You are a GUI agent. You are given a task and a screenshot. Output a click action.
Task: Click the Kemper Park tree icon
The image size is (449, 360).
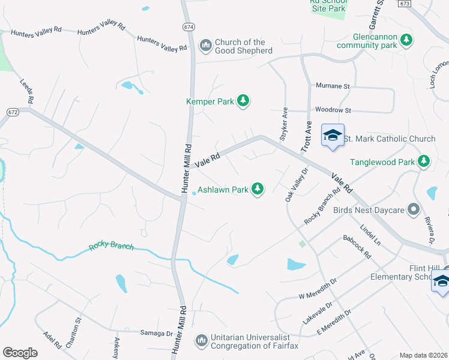[x=243, y=101]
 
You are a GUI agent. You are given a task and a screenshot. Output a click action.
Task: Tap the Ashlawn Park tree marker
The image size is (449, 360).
[x=258, y=190]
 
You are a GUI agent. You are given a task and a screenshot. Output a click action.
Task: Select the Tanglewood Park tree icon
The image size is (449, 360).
[x=424, y=161]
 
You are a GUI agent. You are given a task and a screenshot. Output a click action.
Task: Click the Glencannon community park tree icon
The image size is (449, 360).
[x=407, y=40]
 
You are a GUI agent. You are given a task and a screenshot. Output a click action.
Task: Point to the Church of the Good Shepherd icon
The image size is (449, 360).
[x=205, y=46]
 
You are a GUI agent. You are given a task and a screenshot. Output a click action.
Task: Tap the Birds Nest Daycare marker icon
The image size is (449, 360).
[x=412, y=209]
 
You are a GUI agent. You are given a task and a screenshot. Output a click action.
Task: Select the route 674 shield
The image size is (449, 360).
[x=189, y=27]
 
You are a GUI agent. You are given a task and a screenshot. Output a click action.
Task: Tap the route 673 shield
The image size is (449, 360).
[x=405, y=4]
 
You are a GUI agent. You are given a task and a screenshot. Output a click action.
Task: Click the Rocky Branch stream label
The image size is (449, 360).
[x=111, y=246]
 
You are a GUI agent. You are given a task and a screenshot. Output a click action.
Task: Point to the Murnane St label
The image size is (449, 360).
[x=333, y=86]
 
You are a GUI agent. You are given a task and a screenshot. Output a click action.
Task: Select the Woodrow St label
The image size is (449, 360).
[x=333, y=110]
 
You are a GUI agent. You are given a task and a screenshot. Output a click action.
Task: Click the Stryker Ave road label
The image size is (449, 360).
[x=285, y=122]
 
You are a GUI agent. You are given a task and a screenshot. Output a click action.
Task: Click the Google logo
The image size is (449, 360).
[x=20, y=353]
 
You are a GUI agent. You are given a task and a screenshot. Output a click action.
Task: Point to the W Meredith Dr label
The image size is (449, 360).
[x=318, y=288]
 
